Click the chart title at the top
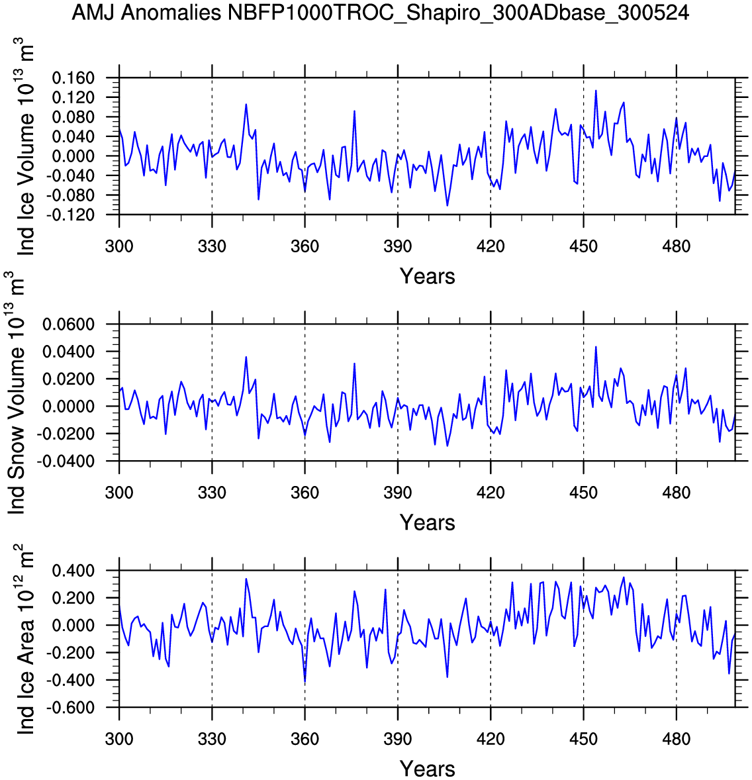(x=381, y=12)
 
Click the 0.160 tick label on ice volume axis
(x=73, y=78)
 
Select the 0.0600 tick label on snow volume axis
(x=69, y=324)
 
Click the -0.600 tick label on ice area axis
(x=71, y=708)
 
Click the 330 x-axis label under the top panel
(x=212, y=247)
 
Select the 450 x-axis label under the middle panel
(x=583, y=493)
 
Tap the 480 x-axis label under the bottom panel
(x=676, y=740)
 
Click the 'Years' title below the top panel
(x=427, y=276)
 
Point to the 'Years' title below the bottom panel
(x=427, y=769)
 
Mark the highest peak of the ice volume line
(x=595, y=90)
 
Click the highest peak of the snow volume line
(x=595, y=346)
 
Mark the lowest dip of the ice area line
(x=305, y=683)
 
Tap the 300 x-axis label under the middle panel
(x=119, y=493)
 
